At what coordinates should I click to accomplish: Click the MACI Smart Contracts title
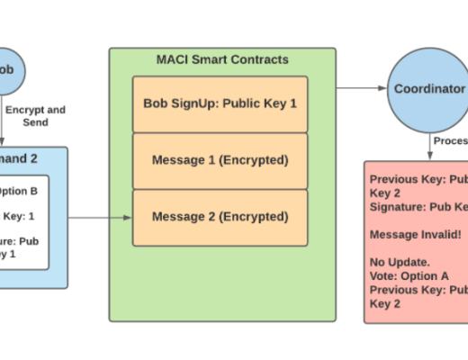[222, 59]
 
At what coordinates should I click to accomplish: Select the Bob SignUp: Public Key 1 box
[220, 103]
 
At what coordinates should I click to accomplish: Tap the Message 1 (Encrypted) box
[220, 160]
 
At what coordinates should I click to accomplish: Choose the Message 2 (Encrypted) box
[220, 217]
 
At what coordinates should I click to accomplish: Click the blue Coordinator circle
[428, 88]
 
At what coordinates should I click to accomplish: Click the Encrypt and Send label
[36, 116]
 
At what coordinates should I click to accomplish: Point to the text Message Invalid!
[415, 234]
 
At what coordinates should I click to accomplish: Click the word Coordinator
[429, 89]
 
